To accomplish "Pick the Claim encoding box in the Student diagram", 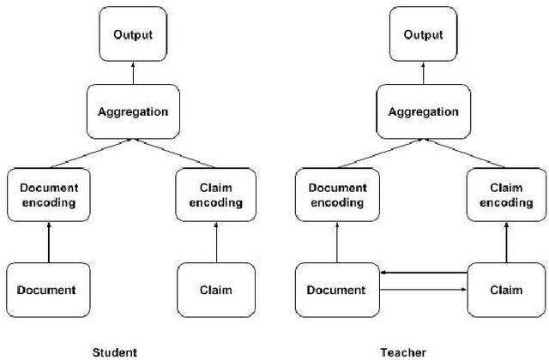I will click(215, 195).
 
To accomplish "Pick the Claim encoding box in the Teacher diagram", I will click(504, 195).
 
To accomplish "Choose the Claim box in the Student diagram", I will click(215, 291).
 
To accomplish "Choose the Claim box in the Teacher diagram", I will click(504, 291).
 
